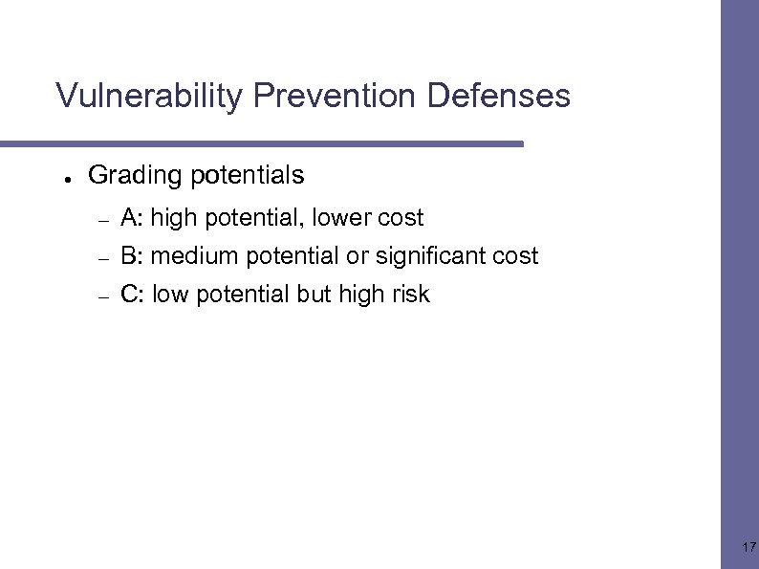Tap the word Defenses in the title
[x=498, y=97]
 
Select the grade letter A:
[x=132, y=218]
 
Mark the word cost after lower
[x=401, y=218]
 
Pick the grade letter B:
[x=132, y=256]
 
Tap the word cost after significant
[x=515, y=256]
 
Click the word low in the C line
[x=169, y=295]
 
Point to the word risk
[x=411, y=295]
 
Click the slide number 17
[x=748, y=548]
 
